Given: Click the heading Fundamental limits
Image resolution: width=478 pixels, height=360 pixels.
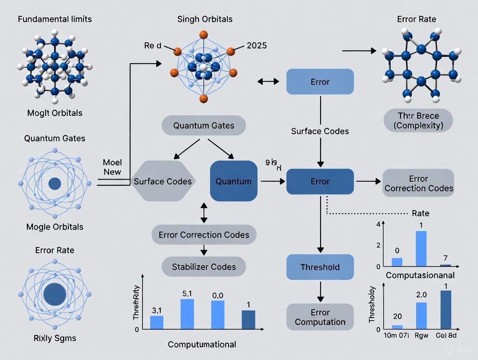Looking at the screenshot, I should coord(55,19).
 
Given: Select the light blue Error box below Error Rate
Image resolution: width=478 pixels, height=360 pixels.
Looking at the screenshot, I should coord(320,82).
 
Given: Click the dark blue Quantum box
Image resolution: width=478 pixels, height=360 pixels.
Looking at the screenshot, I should coord(233,181).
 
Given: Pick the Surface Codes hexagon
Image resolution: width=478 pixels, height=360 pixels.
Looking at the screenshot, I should coord(163,181).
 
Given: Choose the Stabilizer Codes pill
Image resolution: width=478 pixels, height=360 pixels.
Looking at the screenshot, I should coord(203,266).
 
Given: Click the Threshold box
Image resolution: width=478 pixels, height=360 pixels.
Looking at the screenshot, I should coord(320,267).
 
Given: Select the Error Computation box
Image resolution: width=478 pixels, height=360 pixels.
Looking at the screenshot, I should coord(320,317).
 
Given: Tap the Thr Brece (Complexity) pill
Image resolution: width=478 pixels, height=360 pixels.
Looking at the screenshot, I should coord(418,120).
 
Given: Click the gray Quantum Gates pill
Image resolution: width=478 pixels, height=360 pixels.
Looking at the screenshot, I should coord(203,126).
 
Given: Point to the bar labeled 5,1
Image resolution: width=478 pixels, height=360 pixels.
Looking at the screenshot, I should coord(187,314).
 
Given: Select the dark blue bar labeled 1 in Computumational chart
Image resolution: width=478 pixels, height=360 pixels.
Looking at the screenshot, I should coord(248,319).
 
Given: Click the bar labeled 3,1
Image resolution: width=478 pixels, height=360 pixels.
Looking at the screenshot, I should coord(157,322).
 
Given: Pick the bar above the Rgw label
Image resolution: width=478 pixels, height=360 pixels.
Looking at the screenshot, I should coord(421,316).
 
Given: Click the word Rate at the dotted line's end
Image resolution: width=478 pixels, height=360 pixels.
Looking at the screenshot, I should coord(420,213).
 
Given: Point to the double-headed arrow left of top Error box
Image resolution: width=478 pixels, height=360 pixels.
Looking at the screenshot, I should coord(268,81).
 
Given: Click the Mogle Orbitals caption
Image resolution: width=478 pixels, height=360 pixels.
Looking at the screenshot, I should coord(55,227).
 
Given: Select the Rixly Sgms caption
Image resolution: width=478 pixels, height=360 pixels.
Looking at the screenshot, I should coord(55,338).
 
